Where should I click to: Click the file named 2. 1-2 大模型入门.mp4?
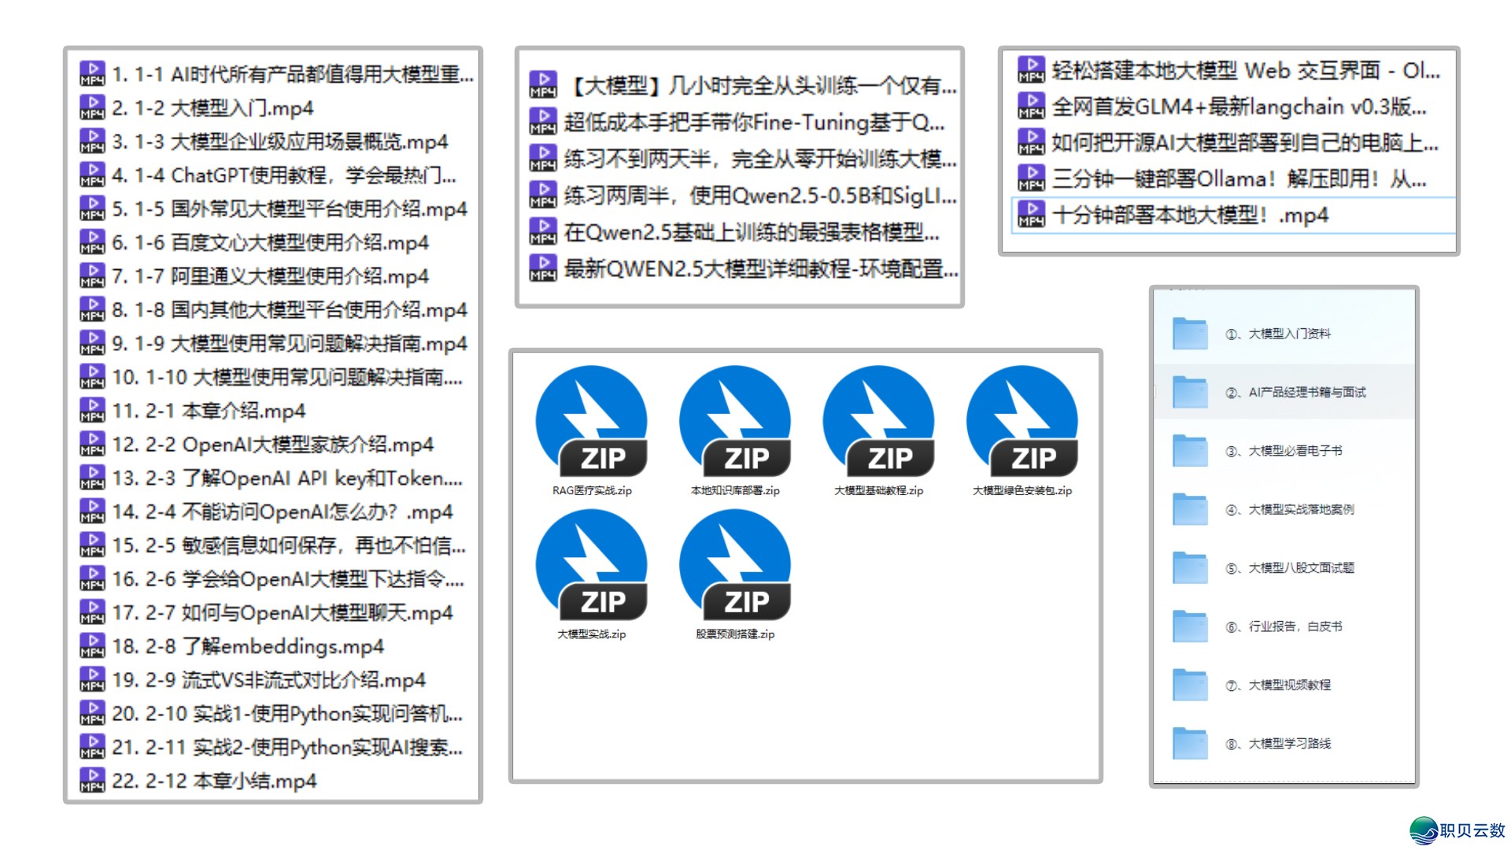point(212,108)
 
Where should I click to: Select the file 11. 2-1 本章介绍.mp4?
point(209,411)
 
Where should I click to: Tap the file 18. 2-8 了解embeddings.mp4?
point(248,646)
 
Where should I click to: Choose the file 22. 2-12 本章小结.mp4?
point(214,781)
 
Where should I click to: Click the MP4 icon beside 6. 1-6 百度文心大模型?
point(92,242)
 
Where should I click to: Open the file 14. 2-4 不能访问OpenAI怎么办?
point(282,512)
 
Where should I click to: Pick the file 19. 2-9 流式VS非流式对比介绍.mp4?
point(268,680)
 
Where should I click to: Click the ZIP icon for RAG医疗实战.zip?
point(592,421)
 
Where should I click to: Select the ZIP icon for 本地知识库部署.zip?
point(735,421)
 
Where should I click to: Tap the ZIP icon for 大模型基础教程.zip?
point(878,421)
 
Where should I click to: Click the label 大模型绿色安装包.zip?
point(1022,490)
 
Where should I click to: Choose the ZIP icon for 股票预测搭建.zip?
point(735,564)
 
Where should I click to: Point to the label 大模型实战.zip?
point(592,634)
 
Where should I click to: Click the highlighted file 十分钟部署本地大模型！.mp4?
point(1190,215)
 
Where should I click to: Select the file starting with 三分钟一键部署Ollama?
point(1239,179)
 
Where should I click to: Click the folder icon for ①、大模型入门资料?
point(1189,334)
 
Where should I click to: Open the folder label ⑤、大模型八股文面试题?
point(1301,568)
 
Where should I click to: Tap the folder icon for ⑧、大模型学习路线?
point(1189,744)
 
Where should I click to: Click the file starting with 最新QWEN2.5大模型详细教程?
point(760,269)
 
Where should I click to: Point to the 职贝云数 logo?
point(1457,830)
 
